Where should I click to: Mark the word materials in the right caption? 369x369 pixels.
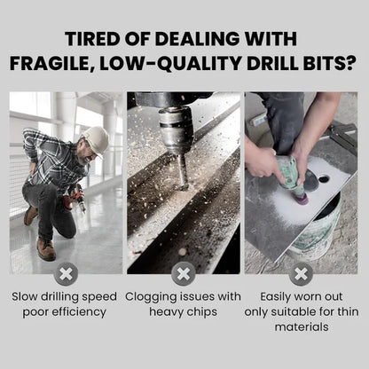(302, 327)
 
